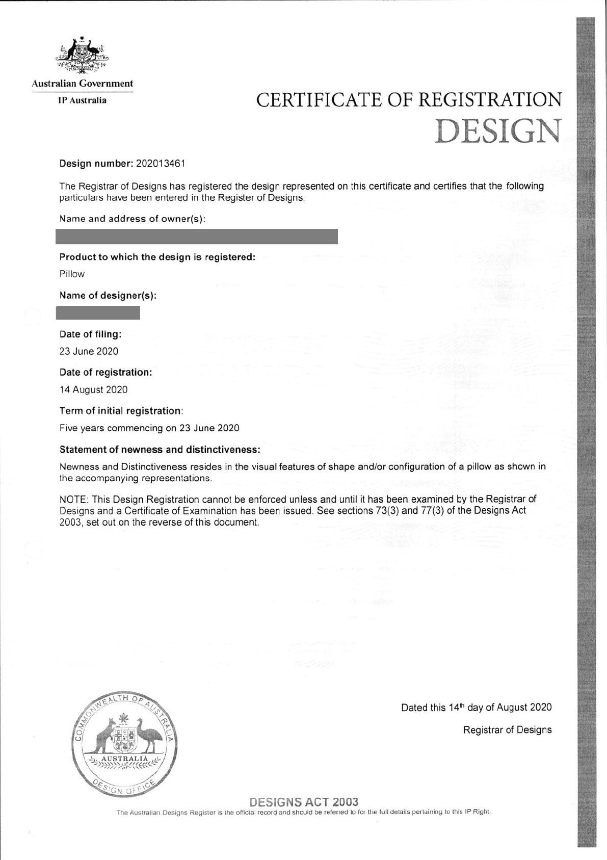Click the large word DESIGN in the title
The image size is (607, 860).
point(498,131)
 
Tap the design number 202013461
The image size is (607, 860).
point(161,164)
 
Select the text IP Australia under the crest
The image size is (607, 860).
point(82,100)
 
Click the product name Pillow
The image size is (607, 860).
point(72,274)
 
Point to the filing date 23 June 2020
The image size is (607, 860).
point(89,351)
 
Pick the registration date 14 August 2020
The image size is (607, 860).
point(94,390)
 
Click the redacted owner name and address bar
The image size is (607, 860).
point(197,237)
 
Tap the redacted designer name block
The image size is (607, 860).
point(98,312)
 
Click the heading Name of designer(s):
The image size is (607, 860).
point(108,296)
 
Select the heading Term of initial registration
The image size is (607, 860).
point(121,411)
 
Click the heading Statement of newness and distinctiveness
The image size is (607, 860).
point(160,450)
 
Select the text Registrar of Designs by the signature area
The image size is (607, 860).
point(507,730)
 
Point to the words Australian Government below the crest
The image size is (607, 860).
point(82,84)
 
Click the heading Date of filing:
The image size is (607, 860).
point(91,334)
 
